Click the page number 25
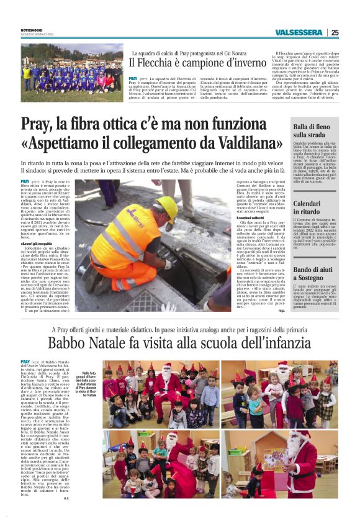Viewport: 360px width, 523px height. click(x=335, y=33)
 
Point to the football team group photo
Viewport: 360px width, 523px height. click(x=72, y=72)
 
